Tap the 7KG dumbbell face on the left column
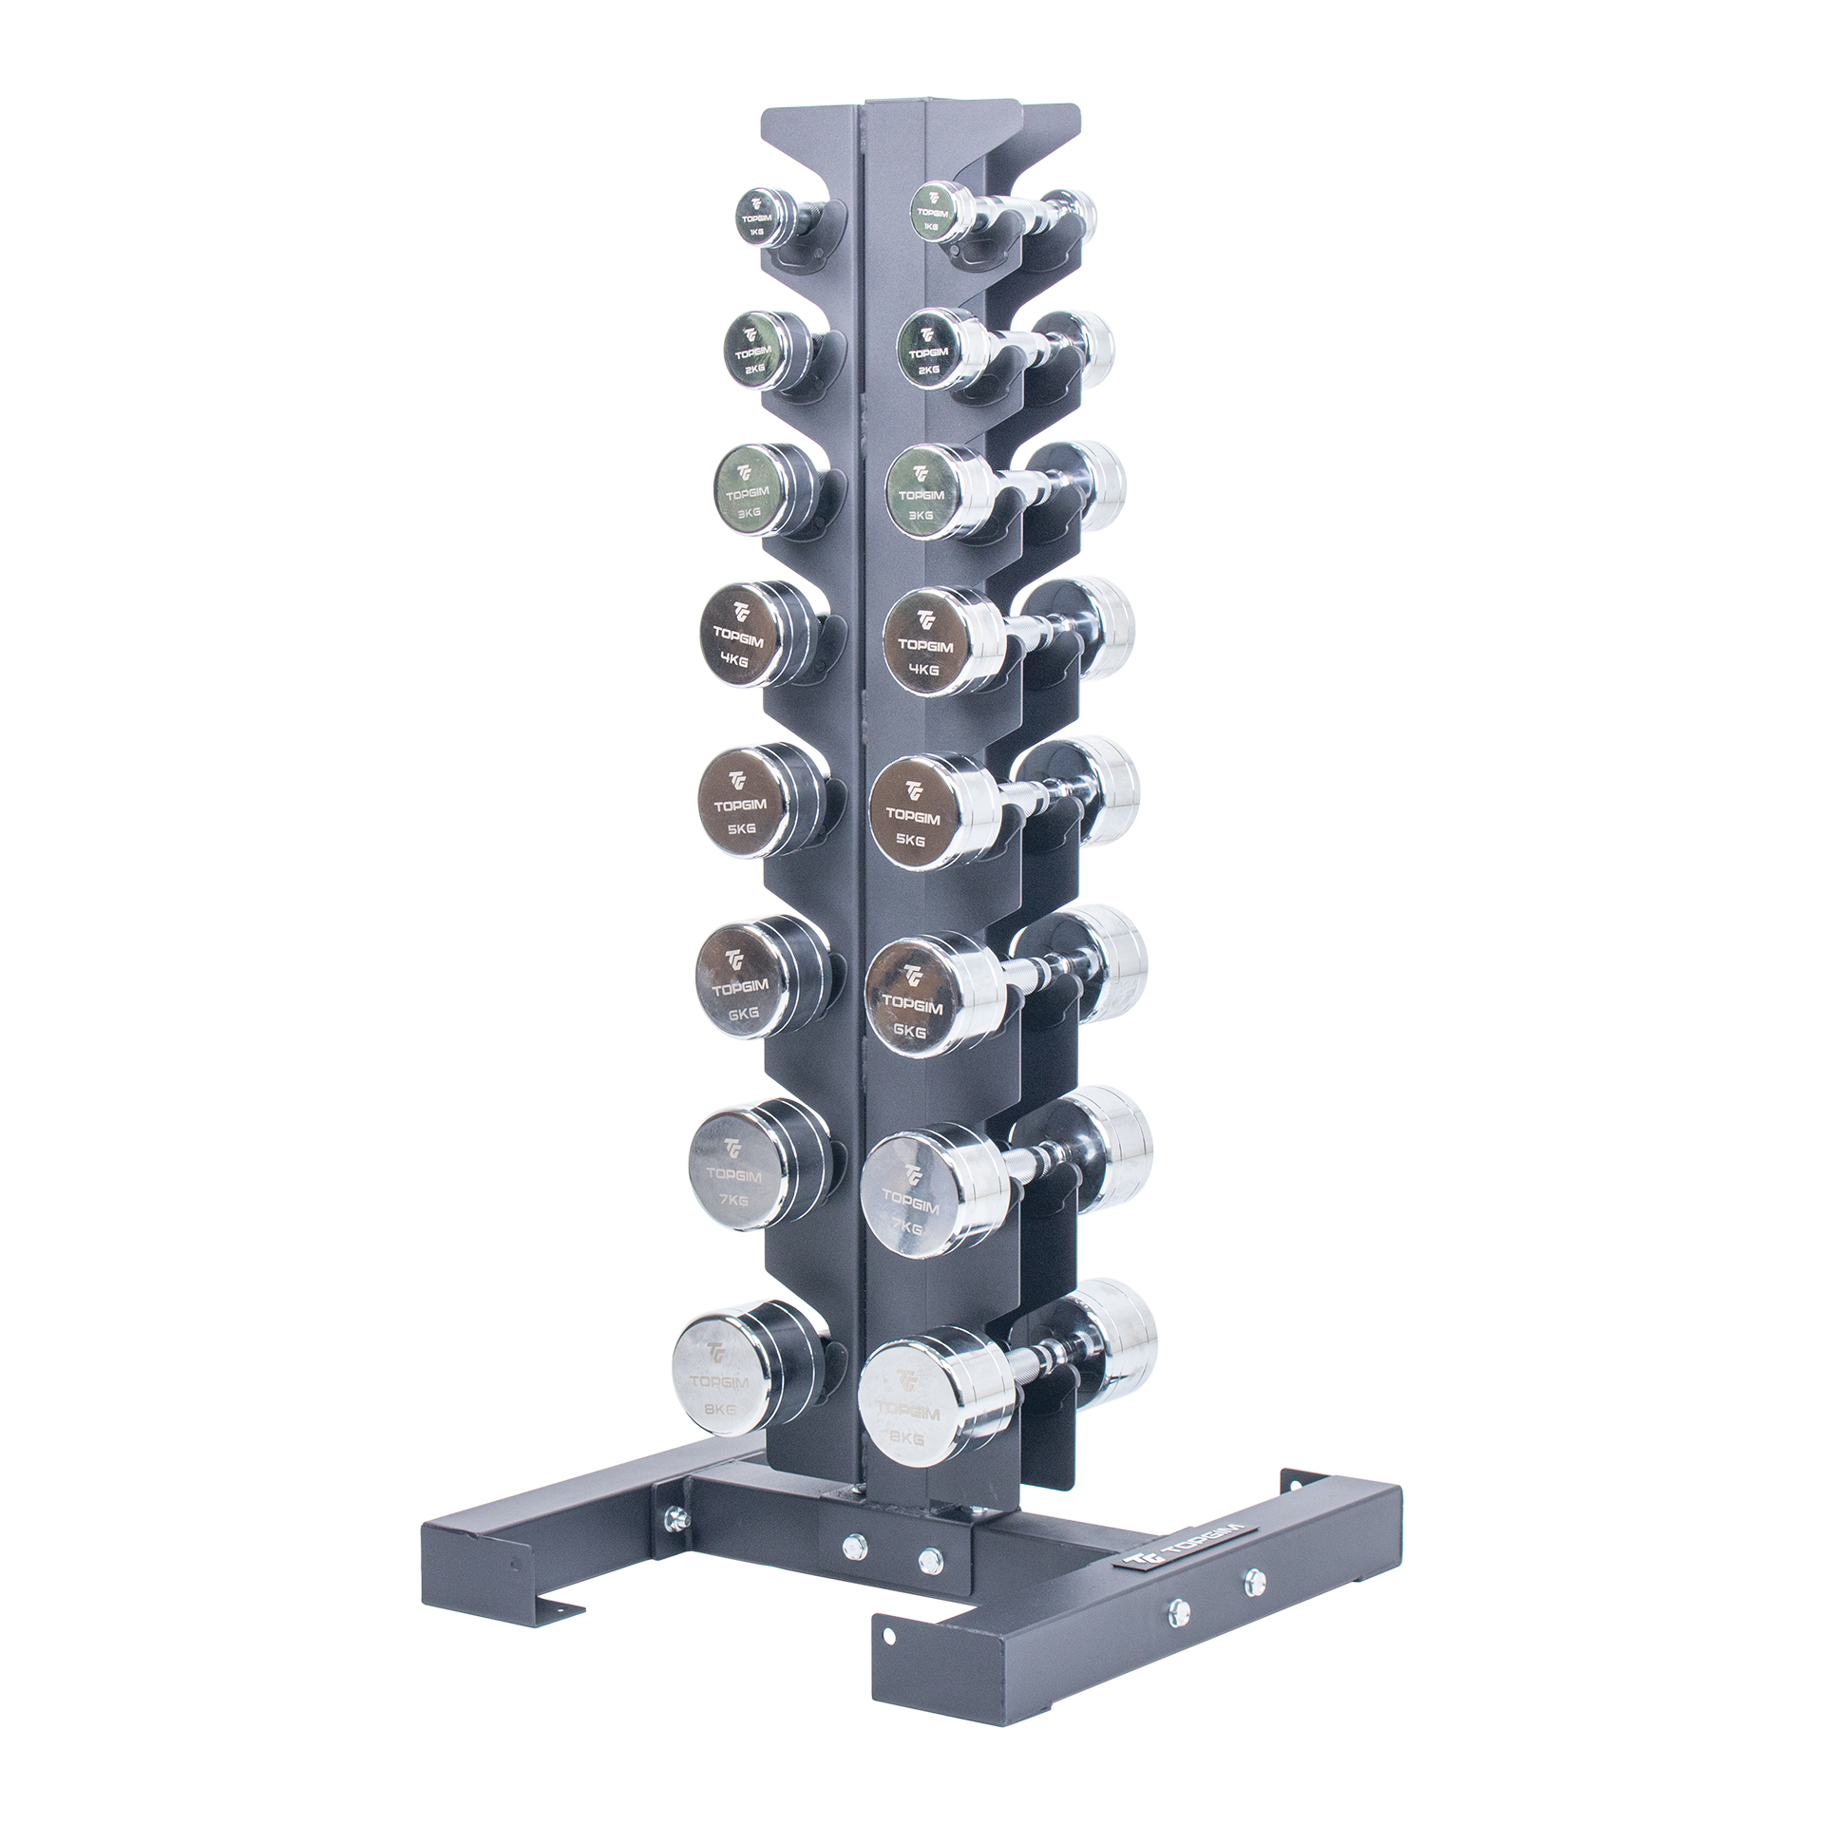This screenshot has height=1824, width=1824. (733, 1174)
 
